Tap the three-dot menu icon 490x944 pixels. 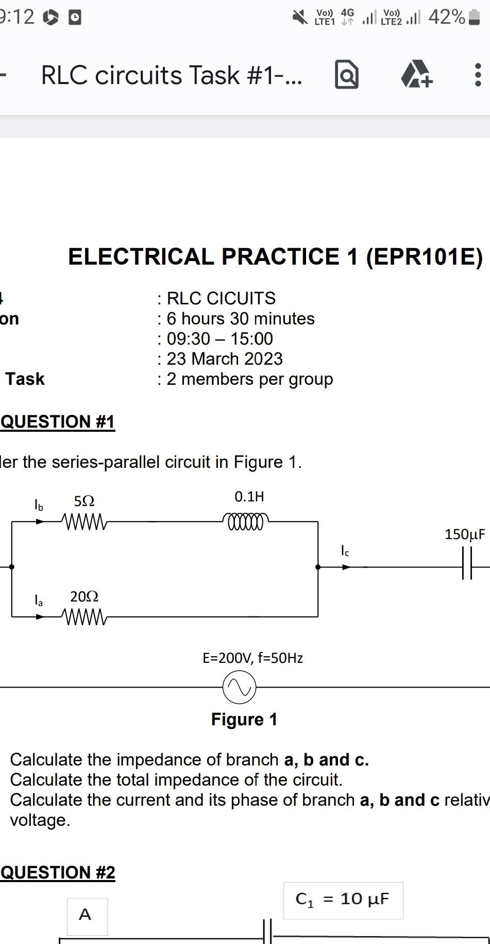tap(477, 75)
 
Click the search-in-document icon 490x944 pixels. tap(346, 75)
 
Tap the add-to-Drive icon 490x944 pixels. tap(416, 74)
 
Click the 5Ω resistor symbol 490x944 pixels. tap(84, 522)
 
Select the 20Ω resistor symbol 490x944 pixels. tap(84, 616)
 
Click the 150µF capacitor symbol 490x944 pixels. tap(467, 566)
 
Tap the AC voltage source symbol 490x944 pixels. tap(239, 687)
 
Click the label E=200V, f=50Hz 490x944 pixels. tap(252, 658)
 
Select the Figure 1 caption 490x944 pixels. tap(244, 719)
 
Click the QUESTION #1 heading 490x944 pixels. tap(58, 421)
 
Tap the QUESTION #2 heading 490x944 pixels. tap(58, 872)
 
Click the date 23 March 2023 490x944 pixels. tap(225, 359)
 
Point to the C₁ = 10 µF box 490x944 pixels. tap(343, 900)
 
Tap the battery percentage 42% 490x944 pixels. tap(446, 18)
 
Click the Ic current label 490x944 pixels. tap(345, 551)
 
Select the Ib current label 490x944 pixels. tap(39, 504)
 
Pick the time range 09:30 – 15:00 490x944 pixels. tap(220, 339)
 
